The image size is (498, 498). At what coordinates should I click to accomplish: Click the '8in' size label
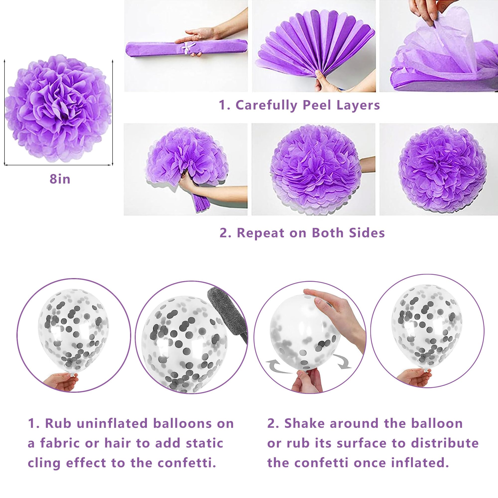click(60, 179)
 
